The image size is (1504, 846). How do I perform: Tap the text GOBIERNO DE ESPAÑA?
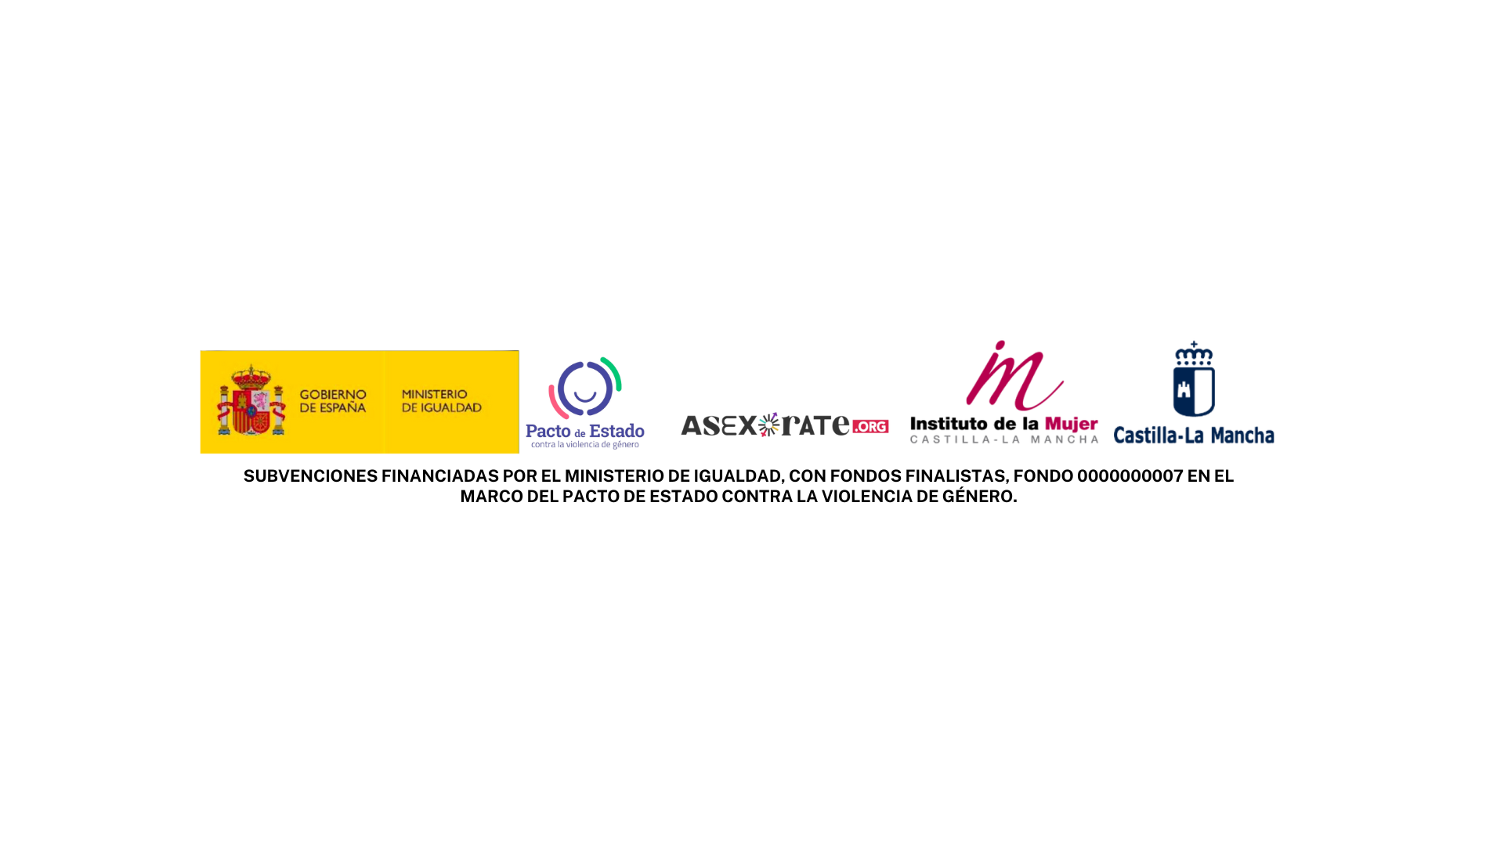[333, 401]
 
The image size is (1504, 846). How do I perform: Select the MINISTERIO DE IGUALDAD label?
[442, 401]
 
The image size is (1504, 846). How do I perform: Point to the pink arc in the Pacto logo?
[555, 404]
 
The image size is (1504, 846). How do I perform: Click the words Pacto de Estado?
[585, 431]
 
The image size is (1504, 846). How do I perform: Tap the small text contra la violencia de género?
[585, 445]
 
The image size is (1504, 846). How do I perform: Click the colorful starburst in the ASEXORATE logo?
[769, 425]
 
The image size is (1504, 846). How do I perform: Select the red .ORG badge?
[870, 426]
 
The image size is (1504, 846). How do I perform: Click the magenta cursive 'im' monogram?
[1014, 376]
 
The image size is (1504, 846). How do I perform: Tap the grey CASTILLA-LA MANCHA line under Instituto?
[1004, 439]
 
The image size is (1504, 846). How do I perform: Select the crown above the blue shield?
[1194, 353]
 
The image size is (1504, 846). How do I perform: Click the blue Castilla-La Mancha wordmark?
[1194, 435]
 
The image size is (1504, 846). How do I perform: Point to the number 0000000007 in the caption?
[1130, 476]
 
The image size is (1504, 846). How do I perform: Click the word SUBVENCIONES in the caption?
[311, 476]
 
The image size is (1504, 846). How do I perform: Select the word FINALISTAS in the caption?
[956, 476]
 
